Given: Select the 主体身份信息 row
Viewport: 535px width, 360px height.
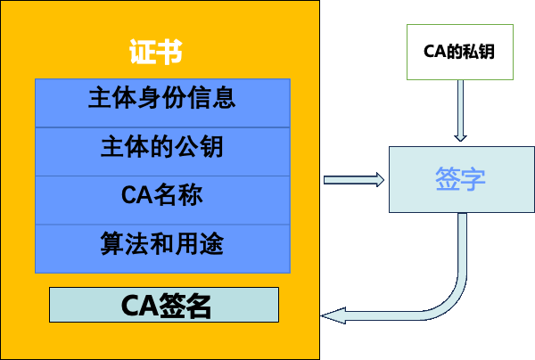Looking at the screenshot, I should point(162,98).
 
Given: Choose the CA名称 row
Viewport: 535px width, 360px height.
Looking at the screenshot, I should point(162,194).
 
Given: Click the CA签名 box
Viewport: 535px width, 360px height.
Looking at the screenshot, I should point(164,305).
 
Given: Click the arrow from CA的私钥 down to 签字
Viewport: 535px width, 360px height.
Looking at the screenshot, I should point(460,111).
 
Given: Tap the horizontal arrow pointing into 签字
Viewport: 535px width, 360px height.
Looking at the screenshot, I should point(353,180).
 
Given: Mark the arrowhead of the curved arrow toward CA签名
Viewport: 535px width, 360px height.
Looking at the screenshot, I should point(331,314).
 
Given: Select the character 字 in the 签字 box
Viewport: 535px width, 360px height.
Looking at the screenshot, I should point(475,179).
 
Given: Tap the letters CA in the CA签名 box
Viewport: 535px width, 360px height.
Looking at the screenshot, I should point(136,305).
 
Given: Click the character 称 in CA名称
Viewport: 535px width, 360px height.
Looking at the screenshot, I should point(191,194).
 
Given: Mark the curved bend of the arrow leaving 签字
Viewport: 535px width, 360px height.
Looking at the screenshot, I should point(453,294).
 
